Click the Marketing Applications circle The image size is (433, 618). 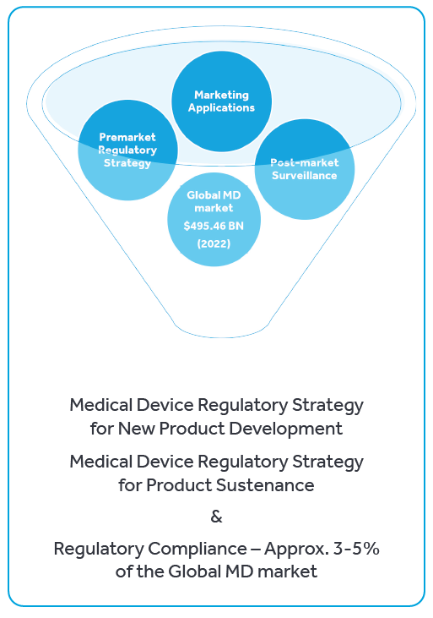pyautogui.click(x=222, y=101)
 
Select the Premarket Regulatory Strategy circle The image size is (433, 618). pyautogui.click(x=127, y=150)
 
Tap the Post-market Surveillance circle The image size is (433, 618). pyautogui.click(x=305, y=169)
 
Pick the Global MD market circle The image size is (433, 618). pyautogui.click(x=214, y=219)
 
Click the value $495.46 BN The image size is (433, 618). pyautogui.click(x=214, y=226)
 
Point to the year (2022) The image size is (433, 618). pyautogui.click(x=214, y=243)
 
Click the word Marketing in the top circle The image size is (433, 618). pyautogui.click(x=222, y=95)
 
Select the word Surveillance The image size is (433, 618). pyautogui.click(x=305, y=175)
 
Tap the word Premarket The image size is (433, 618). pyautogui.click(x=127, y=137)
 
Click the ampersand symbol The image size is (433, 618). pyautogui.click(x=216, y=516)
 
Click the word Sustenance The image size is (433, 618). pyautogui.click(x=265, y=485)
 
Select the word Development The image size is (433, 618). pyautogui.click(x=286, y=429)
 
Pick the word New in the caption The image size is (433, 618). pyautogui.click(x=136, y=429)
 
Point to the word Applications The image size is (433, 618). pyautogui.click(x=222, y=108)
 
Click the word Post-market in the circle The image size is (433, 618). pyautogui.click(x=305, y=162)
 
